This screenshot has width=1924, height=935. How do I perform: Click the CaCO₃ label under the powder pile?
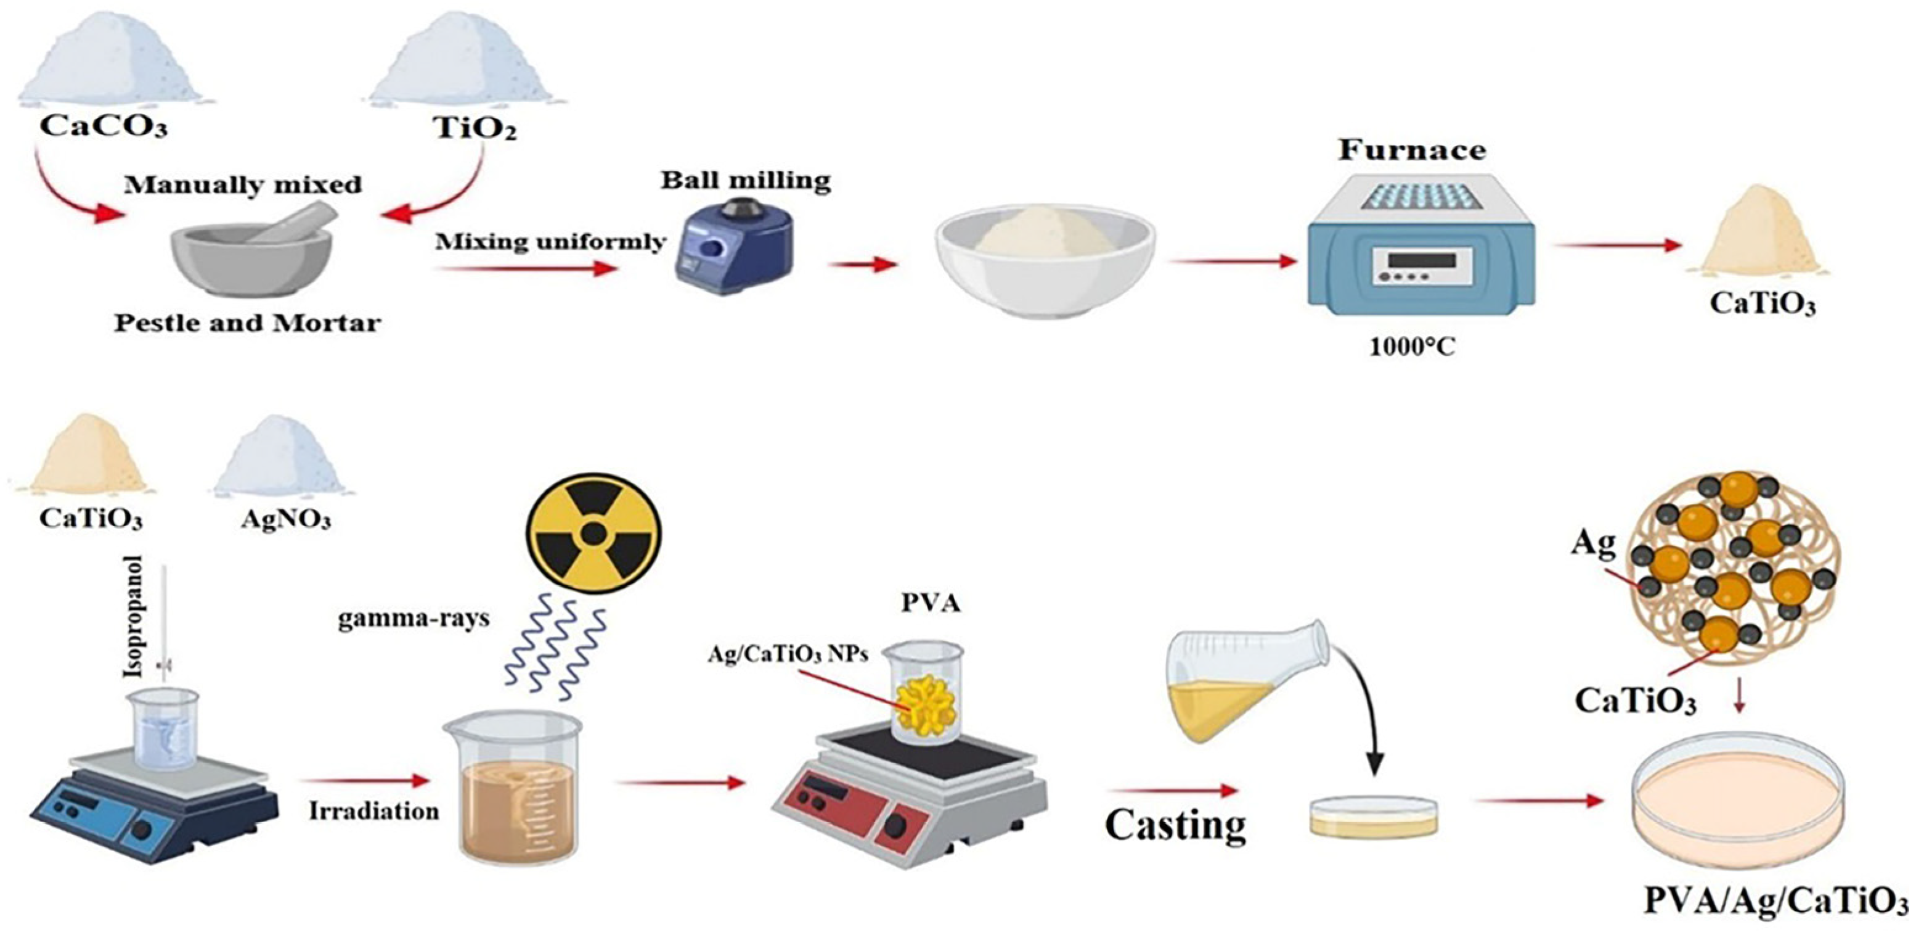[x=103, y=126]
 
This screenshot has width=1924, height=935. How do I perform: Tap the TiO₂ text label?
[x=475, y=128]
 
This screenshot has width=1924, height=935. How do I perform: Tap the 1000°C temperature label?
[x=1412, y=347]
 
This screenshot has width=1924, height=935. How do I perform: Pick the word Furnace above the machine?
[x=1412, y=150]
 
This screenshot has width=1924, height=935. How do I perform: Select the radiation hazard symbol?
[x=594, y=533]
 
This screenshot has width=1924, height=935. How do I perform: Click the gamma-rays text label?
[x=413, y=619]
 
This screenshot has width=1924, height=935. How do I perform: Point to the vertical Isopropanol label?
[x=134, y=616]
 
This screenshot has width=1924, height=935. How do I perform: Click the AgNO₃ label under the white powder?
[x=285, y=519]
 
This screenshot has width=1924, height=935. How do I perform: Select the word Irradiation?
[x=373, y=812]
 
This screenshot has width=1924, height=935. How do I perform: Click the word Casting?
[x=1175, y=825]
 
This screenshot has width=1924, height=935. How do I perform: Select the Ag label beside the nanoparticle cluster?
[x=1592, y=542]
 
